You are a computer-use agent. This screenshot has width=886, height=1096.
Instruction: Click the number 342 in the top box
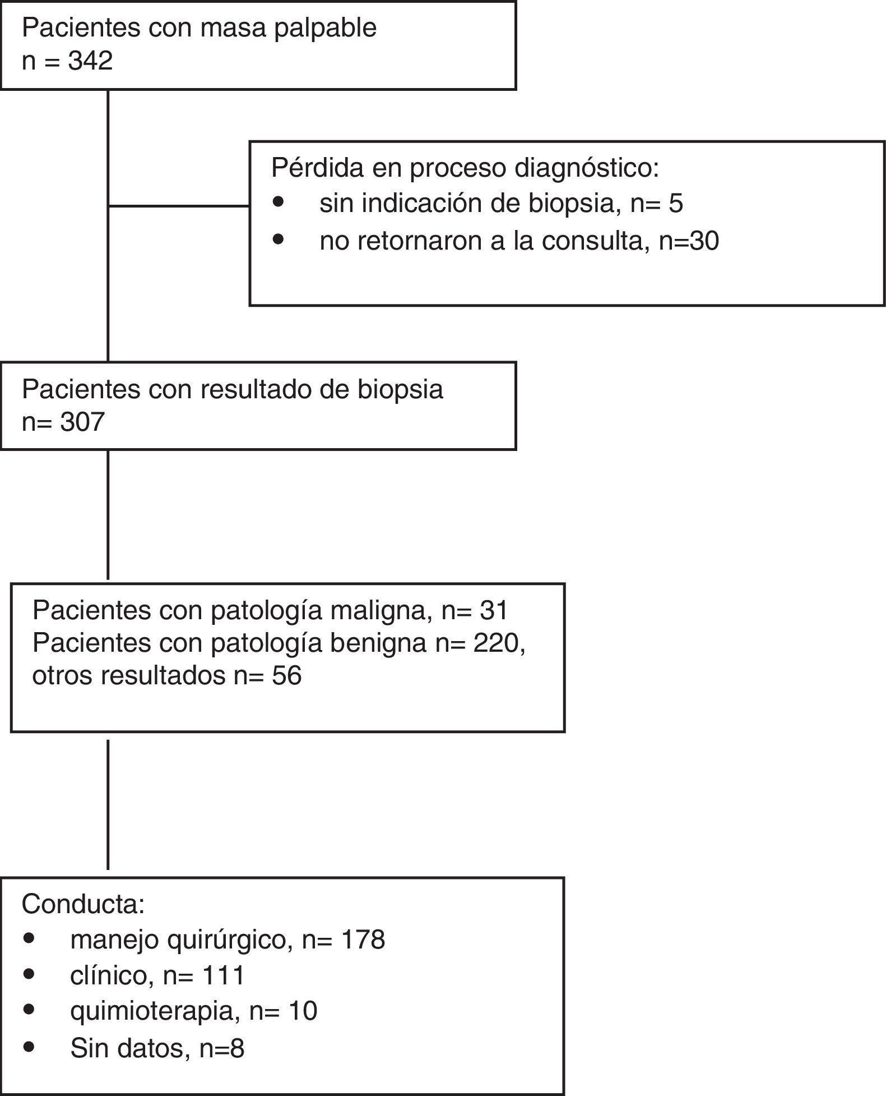90,61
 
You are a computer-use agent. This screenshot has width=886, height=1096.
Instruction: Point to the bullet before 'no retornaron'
279,240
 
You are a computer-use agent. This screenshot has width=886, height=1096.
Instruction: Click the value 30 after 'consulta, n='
704,241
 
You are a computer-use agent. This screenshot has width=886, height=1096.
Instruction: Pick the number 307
82,422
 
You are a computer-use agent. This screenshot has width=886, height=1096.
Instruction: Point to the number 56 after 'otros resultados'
286,675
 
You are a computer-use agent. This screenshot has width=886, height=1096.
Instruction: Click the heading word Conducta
83,904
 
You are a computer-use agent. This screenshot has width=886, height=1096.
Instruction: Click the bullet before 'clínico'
29,974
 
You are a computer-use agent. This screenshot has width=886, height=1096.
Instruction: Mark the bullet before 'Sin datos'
29,1046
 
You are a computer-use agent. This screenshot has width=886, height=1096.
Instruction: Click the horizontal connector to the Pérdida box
178,206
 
